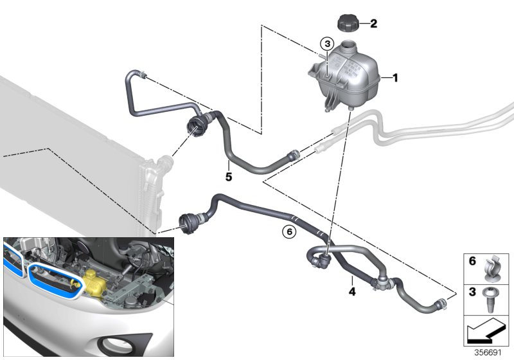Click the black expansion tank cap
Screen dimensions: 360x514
[348, 24]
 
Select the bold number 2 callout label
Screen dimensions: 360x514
[373, 24]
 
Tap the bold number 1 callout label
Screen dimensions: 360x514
[396, 78]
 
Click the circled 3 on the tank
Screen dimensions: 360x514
[327, 44]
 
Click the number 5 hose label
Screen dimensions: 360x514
[228, 174]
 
